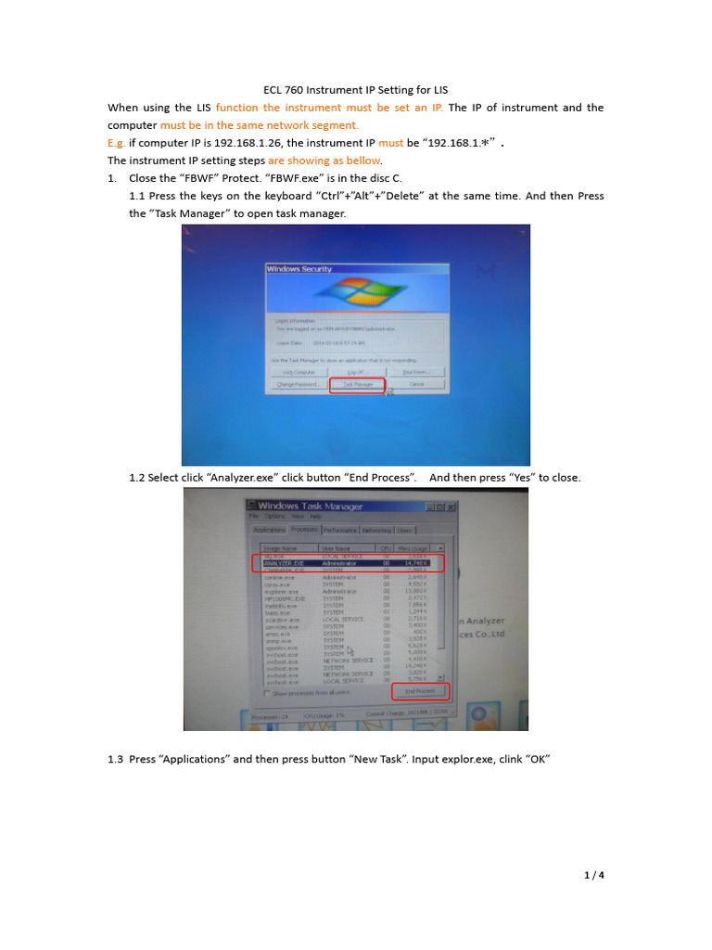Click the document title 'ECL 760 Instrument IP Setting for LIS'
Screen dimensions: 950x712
[355, 90]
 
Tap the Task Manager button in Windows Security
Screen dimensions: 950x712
[357, 383]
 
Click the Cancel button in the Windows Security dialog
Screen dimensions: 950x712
[416, 383]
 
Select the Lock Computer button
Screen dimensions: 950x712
[299, 371]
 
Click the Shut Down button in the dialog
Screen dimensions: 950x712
[416, 371]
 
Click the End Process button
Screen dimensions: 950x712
[419, 691]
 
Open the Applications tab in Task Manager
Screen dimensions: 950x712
[269, 530]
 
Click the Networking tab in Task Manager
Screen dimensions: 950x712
[375, 530]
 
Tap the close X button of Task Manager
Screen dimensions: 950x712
[451, 507]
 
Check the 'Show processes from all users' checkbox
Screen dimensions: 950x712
[268, 693]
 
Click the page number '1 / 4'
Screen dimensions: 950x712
[593, 875]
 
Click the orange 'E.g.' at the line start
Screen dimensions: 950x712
[117, 143]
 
